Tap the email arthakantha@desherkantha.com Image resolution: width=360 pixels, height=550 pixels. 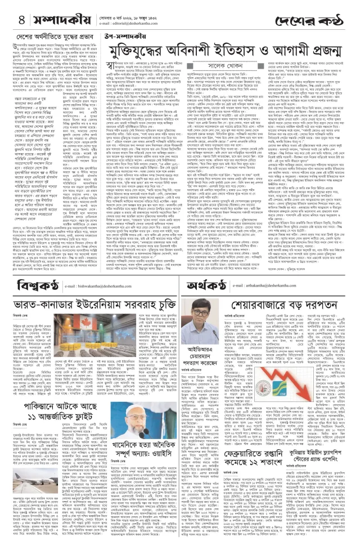pos(276,288)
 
